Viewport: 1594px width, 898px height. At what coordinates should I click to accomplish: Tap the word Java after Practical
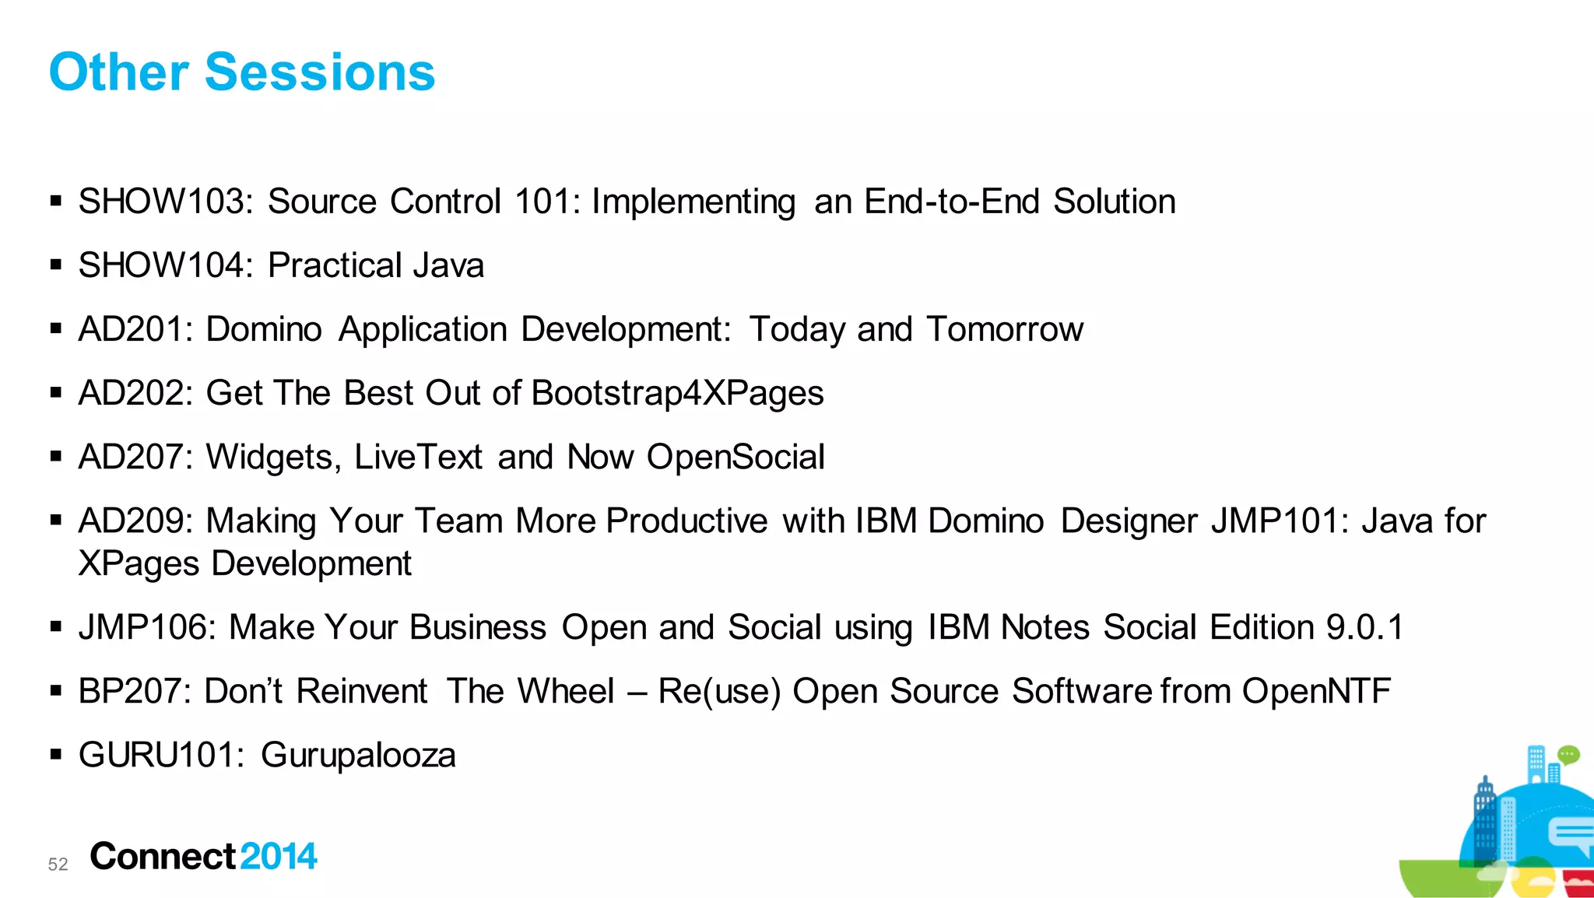pos(448,265)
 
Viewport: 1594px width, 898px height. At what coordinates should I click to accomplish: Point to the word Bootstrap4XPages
pos(677,393)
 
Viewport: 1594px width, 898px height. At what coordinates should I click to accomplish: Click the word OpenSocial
pos(736,457)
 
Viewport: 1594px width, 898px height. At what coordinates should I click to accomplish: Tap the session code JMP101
pos(1279,521)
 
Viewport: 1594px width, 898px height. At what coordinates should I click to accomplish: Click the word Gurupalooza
pos(358,756)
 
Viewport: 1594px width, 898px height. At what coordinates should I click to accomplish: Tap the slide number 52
pos(58,865)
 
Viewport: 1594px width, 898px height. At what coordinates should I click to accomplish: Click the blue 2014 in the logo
pos(278,857)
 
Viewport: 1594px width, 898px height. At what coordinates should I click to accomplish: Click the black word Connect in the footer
pos(163,857)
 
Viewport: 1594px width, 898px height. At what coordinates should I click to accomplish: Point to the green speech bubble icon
pos(1568,754)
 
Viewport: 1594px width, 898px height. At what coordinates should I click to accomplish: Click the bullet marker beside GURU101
pos(55,754)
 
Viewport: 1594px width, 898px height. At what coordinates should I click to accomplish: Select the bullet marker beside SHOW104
pos(55,265)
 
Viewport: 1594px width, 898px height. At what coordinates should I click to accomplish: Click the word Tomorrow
pos(1004,329)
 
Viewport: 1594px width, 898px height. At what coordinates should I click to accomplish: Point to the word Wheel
pos(566,691)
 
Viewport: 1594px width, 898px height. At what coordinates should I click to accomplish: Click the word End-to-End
pos(951,202)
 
